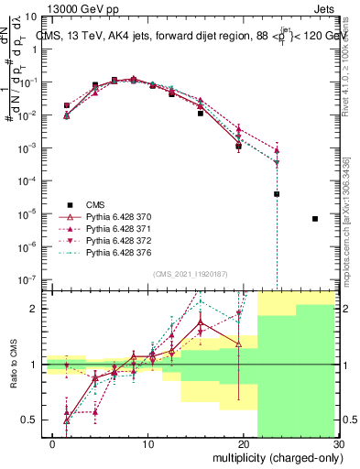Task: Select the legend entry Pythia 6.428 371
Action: [102, 228]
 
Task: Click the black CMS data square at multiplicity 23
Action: [277, 194]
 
